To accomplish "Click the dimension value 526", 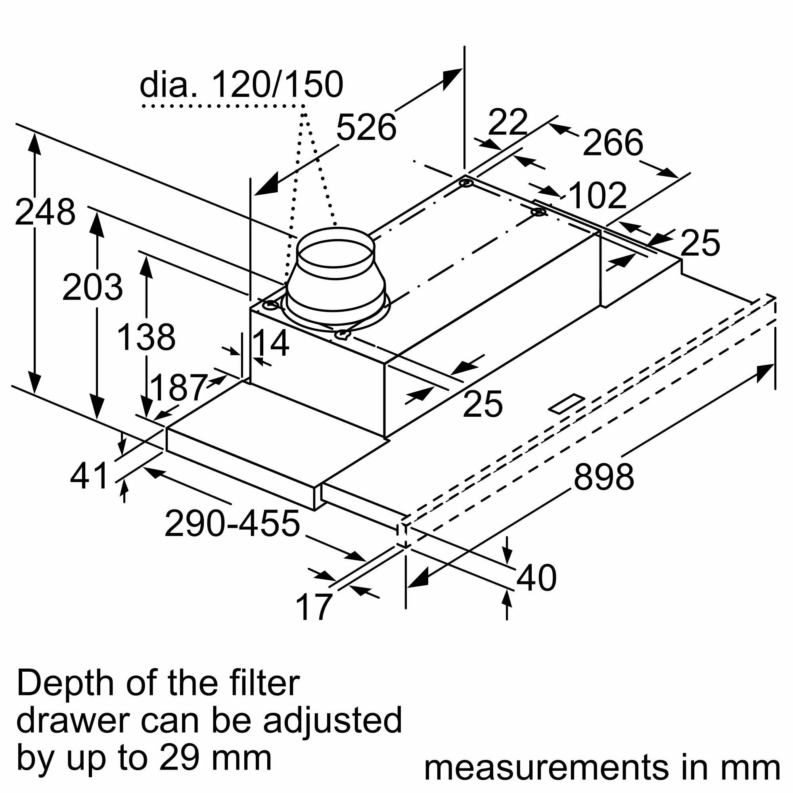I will click(x=366, y=128).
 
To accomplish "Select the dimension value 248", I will click(x=45, y=212).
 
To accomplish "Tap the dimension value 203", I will click(x=92, y=287).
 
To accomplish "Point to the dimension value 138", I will click(x=146, y=337).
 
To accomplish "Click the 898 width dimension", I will click(x=603, y=477).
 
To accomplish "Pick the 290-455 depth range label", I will click(x=232, y=524).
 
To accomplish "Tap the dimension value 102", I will click(x=598, y=196).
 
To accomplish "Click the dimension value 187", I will click(x=178, y=388).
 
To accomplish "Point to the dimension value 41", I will click(x=89, y=476).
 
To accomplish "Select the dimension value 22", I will click(x=508, y=122).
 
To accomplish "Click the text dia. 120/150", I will click(x=241, y=84).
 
